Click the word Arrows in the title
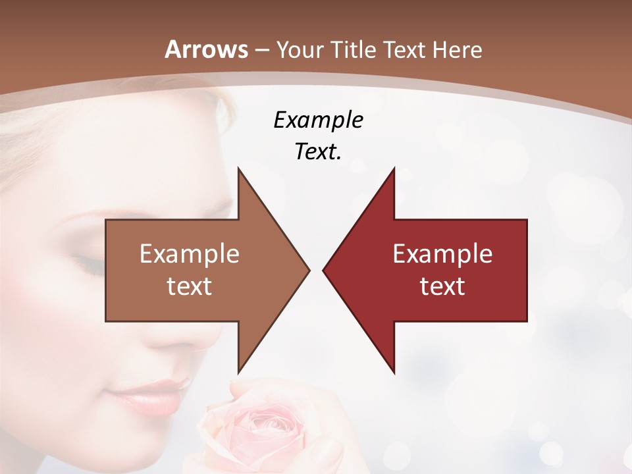[207, 49]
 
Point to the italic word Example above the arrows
[318, 120]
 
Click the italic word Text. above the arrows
[318, 151]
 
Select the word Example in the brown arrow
[189, 253]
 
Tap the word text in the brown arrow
[189, 286]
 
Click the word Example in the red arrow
[442, 253]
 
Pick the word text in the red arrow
[442, 286]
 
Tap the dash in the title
[261, 51]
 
